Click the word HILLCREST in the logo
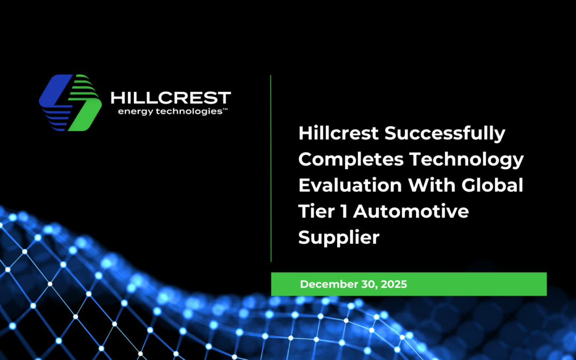[170, 98]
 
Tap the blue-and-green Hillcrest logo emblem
[70, 102]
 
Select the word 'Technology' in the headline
[466, 159]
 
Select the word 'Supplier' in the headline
[339, 237]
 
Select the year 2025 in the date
[394, 284]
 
